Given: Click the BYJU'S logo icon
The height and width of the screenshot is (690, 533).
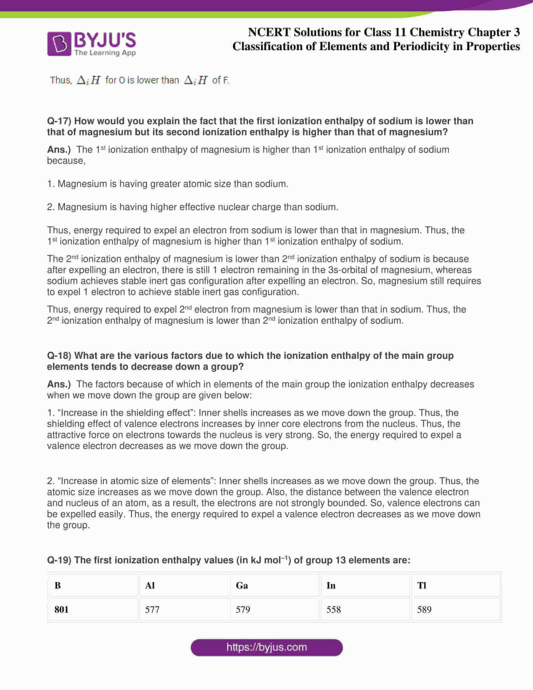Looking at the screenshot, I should click(x=59, y=44).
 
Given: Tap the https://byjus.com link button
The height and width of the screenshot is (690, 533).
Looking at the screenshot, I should click(x=266, y=647).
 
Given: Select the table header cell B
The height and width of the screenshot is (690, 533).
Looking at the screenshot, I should click(x=57, y=586).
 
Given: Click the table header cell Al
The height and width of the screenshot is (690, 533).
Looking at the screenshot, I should click(x=150, y=586).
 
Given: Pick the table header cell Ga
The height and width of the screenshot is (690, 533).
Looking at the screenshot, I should click(x=241, y=586).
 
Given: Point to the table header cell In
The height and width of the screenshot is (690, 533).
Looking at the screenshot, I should click(x=330, y=586).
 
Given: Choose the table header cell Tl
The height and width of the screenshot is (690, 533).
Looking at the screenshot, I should click(x=421, y=586).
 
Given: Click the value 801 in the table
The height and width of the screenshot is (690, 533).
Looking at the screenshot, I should click(x=61, y=609).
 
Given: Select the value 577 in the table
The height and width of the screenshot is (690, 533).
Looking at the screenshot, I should click(x=152, y=609).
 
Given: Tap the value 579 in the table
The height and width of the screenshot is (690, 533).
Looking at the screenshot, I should click(x=243, y=609).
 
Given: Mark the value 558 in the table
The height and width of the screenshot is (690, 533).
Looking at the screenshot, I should click(x=334, y=609).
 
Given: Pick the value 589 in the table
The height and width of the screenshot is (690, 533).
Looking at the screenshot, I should click(x=424, y=609).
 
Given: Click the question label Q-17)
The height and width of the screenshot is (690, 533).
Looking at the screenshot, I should click(x=59, y=121).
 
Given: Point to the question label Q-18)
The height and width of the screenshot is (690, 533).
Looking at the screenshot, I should click(x=59, y=355).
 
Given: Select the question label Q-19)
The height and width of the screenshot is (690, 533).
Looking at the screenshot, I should click(x=59, y=560).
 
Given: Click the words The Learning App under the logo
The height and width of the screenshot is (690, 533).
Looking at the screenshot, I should click(x=105, y=53).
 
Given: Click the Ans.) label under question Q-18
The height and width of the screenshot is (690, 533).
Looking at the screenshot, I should click(x=59, y=384).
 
